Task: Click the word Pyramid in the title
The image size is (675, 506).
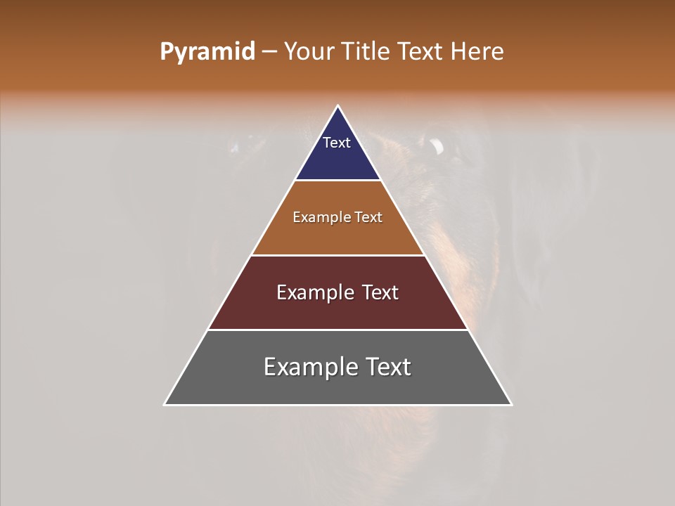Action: [x=207, y=52]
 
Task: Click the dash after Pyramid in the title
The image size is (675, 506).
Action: [x=269, y=53]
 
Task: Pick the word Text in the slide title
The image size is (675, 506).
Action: [x=420, y=52]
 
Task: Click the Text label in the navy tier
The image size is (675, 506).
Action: [x=337, y=143]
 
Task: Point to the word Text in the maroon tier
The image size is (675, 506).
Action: [x=379, y=292]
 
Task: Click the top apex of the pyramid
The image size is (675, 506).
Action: [x=338, y=106]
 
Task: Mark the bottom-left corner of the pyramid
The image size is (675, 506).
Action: [x=165, y=405]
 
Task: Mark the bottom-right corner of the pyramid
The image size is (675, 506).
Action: [x=511, y=405]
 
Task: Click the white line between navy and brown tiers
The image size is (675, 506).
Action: [x=337, y=181]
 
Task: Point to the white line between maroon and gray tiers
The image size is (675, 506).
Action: [x=337, y=330]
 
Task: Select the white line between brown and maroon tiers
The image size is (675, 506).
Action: [x=337, y=255]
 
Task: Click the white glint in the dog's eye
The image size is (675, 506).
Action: [x=437, y=146]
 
